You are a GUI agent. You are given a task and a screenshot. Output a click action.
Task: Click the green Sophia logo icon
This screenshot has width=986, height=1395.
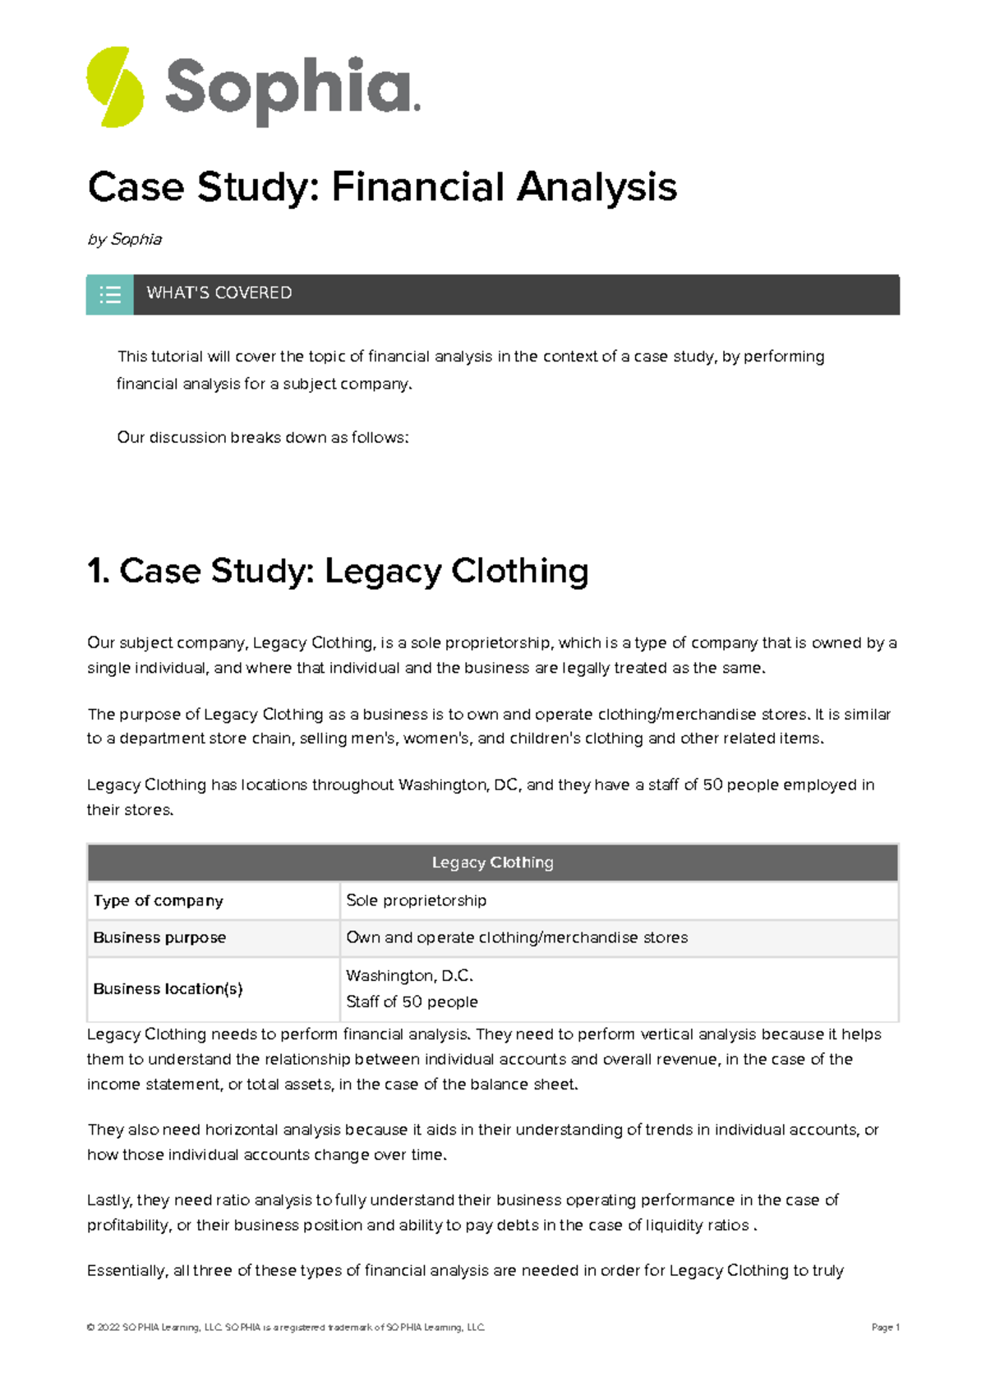[x=115, y=87]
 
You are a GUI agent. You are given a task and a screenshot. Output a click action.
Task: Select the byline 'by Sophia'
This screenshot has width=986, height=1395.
[x=125, y=239]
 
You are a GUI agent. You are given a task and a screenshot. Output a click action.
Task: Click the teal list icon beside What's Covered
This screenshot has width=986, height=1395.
[x=110, y=294]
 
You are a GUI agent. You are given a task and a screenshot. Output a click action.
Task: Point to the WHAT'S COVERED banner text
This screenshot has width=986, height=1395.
[x=219, y=293]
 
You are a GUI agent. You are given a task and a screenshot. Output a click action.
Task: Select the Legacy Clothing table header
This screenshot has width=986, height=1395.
[x=492, y=863]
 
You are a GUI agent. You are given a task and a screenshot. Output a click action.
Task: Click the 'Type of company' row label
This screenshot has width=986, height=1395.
[x=158, y=900]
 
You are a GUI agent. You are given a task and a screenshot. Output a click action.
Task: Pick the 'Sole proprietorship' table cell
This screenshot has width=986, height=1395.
[x=416, y=900]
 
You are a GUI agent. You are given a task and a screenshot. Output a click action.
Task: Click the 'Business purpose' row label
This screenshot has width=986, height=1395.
[x=159, y=937]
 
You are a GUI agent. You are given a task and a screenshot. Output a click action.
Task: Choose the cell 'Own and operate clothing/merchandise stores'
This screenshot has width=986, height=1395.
[x=517, y=937]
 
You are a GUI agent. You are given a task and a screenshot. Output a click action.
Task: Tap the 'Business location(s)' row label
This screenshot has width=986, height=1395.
[x=168, y=989]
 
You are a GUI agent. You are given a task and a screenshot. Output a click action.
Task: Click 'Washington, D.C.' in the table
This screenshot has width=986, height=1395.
[x=409, y=976]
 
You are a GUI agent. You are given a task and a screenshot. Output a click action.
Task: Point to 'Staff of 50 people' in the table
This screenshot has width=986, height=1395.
[x=412, y=1001]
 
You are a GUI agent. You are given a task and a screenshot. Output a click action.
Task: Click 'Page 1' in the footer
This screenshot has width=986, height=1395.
[x=885, y=1328]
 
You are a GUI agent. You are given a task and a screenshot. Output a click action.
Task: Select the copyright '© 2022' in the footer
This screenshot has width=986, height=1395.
[x=104, y=1328]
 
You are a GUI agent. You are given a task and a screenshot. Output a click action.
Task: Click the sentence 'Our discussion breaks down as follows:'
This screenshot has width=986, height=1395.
[x=263, y=438]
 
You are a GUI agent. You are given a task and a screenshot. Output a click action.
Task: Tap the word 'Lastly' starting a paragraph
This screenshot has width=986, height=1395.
[x=108, y=1200]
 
